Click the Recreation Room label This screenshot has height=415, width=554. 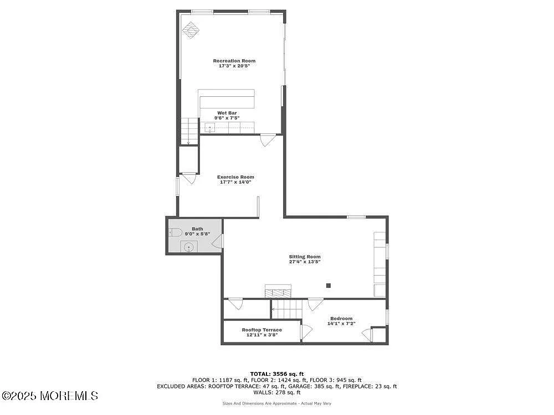pyautogui.click(x=234, y=61)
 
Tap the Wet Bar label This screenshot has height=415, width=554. pyautogui.click(x=227, y=113)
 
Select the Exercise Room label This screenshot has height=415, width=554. pyautogui.click(x=235, y=177)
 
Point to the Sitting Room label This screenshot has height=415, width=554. pyautogui.click(x=305, y=257)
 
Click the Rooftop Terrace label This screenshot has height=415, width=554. pyautogui.click(x=261, y=330)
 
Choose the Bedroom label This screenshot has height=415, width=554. pyautogui.click(x=341, y=318)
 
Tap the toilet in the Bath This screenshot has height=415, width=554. pyautogui.click(x=176, y=232)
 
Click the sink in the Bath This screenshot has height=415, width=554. pyautogui.click(x=189, y=247)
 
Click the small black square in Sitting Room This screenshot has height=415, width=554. pyautogui.click(x=329, y=286)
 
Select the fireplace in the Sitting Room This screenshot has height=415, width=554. pyautogui.click(x=278, y=292)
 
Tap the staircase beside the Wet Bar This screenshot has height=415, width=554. pyautogui.click(x=189, y=131)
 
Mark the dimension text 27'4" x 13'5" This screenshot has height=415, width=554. pyautogui.click(x=305, y=262)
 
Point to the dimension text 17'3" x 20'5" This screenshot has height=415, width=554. pyautogui.click(x=234, y=66)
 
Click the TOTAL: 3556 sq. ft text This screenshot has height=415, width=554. pyautogui.click(x=277, y=374)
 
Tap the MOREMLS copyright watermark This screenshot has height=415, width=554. pyautogui.click(x=50, y=396)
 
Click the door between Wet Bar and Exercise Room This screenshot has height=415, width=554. pyautogui.click(x=268, y=140)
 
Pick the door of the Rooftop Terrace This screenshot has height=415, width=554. pyautogui.click(x=305, y=331)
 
